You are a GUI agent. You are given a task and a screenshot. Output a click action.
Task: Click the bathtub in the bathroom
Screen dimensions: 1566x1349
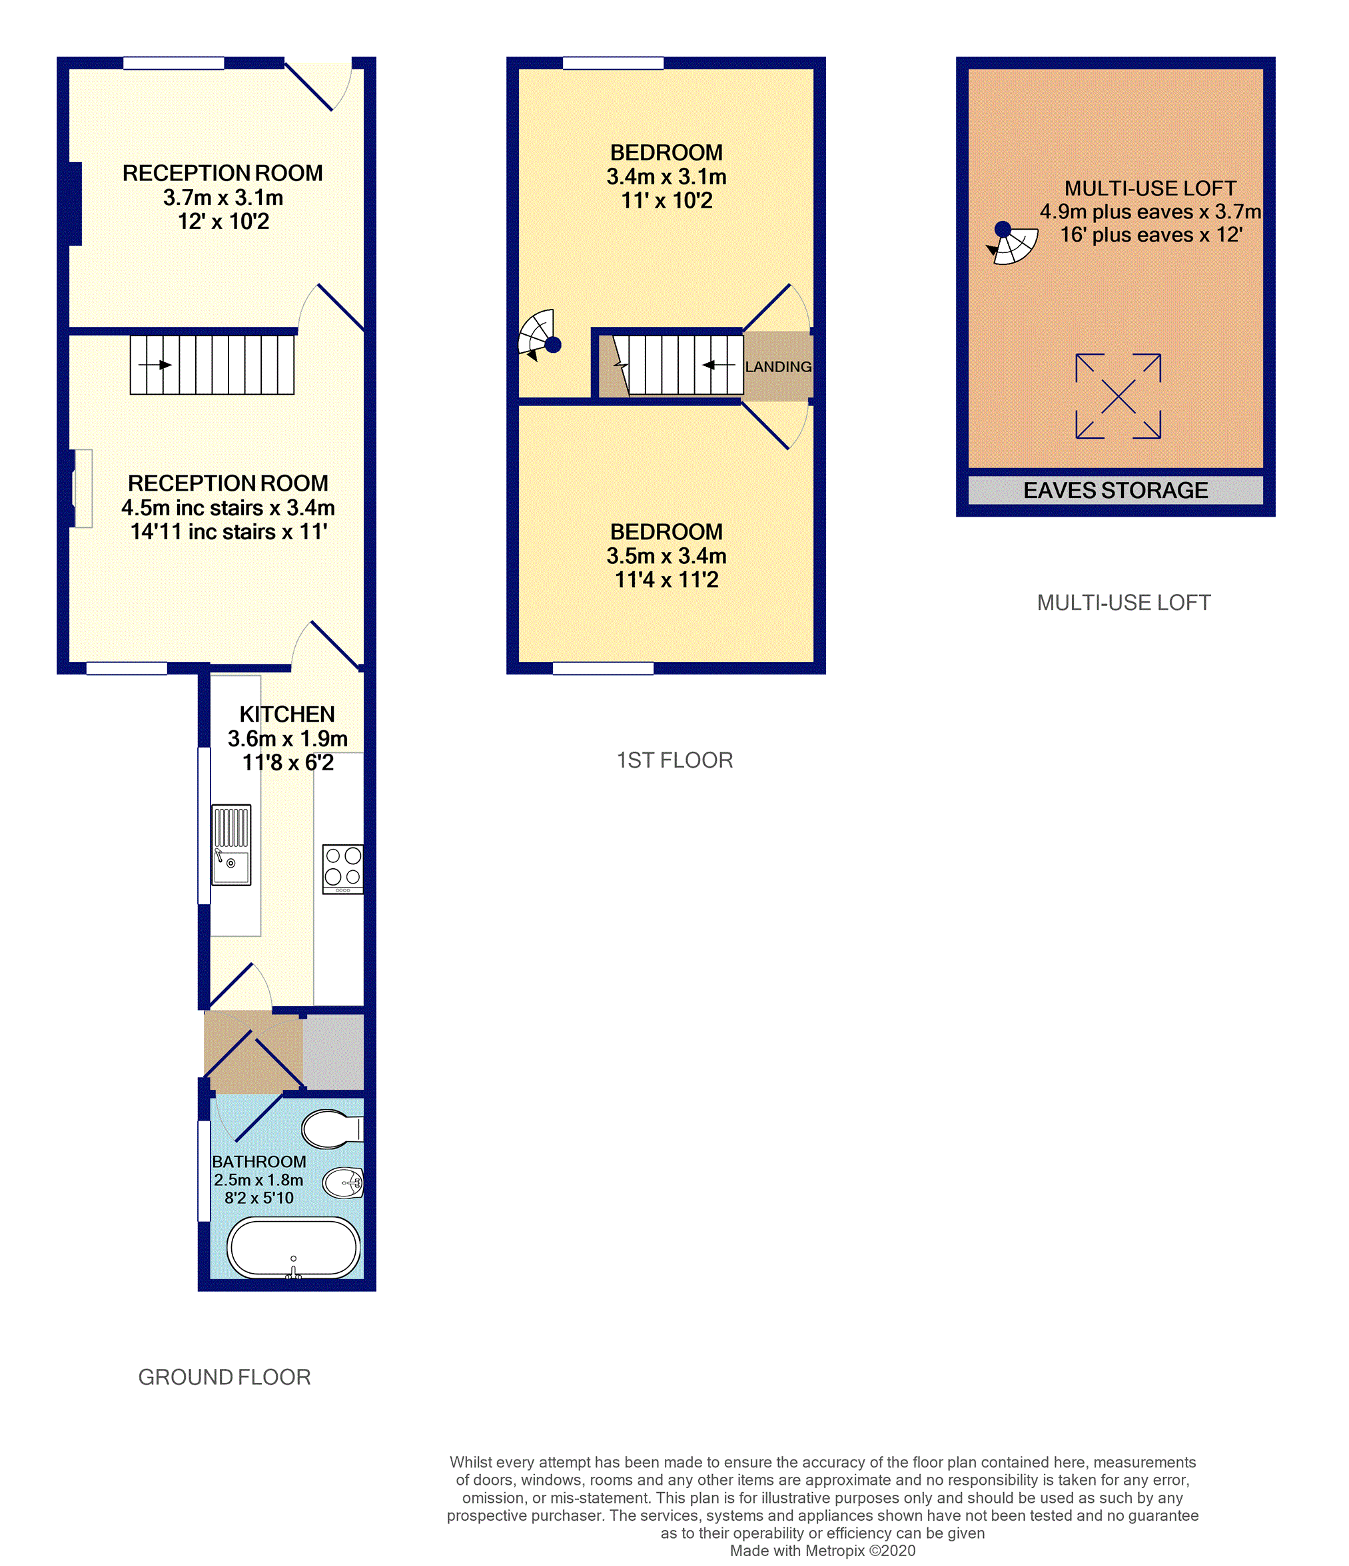coord(293,1246)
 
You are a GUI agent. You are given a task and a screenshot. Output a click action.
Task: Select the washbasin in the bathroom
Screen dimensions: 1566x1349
coord(343,1182)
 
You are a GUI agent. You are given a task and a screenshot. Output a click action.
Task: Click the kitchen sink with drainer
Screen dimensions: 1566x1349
coord(230,844)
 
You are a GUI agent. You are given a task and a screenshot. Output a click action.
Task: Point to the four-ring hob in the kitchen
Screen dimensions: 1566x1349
coord(342,868)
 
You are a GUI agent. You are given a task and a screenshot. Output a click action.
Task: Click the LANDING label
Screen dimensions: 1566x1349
coord(778,367)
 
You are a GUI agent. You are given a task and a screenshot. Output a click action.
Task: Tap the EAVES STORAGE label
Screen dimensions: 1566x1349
coord(1115,491)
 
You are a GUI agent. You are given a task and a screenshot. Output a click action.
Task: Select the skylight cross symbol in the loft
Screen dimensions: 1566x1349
coord(1118,396)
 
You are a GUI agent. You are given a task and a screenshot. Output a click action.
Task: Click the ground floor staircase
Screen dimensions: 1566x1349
coord(212,365)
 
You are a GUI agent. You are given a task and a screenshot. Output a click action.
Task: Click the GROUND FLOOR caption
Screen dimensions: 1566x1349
coord(225,1377)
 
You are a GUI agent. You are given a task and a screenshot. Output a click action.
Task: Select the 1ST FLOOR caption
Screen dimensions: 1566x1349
coord(674,760)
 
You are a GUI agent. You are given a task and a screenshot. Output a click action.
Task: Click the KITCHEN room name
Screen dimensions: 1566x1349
coord(286,714)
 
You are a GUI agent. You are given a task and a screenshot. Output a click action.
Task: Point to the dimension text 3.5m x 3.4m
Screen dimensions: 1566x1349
coord(666,555)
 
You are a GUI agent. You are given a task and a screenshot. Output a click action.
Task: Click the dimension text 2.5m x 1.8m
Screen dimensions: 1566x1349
coord(258,1180)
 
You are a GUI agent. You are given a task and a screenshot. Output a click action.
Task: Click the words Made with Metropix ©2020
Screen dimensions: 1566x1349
coord(822,1551)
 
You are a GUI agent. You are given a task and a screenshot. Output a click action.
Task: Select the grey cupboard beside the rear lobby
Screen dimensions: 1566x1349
coord(334,1051)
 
